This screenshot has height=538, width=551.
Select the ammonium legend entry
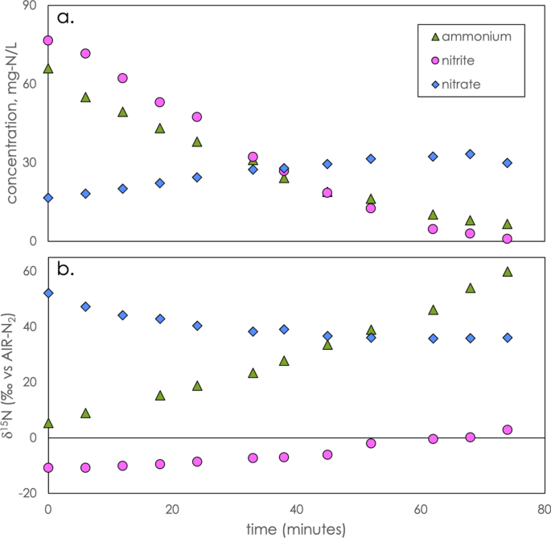(467, 36)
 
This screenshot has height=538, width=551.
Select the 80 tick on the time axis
(545, 509)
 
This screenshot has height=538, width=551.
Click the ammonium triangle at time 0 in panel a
(48, 69)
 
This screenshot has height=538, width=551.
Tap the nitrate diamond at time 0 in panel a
(48, 198)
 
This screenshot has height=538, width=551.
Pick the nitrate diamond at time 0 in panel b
(48, 293)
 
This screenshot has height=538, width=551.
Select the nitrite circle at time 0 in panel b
(48, 467)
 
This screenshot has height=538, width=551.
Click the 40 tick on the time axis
(297, 509)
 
